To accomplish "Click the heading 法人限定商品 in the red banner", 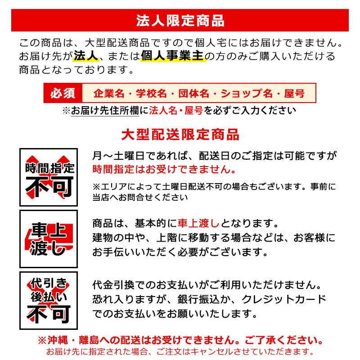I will (180, 21).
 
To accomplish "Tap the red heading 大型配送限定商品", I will (180, 135).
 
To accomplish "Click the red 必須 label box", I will (63, 94).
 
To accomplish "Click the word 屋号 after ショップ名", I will (295, 94).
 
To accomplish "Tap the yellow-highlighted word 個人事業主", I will (173, 57).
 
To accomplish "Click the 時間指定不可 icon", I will (49, 176).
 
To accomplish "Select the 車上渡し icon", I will (49, 239).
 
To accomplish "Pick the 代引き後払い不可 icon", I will (49, 301).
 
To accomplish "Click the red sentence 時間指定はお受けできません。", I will (164, 169).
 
